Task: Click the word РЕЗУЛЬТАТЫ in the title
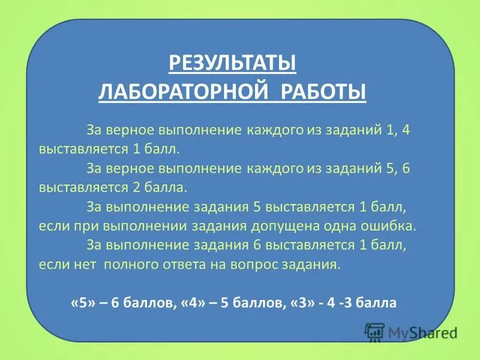tap(233, 62)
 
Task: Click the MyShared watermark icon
tap(374, 332)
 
